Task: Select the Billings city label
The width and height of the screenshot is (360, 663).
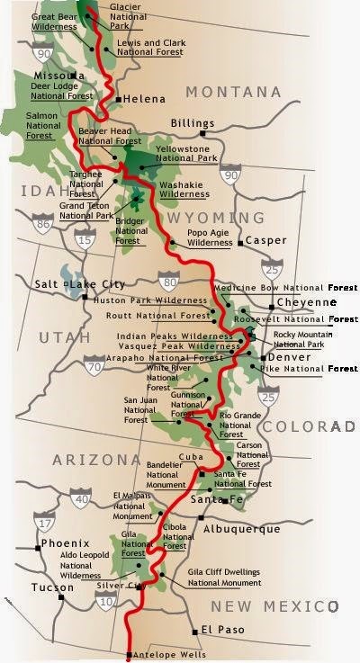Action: tap(194, 123)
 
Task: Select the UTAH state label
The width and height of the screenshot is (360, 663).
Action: tap(64, 338)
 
